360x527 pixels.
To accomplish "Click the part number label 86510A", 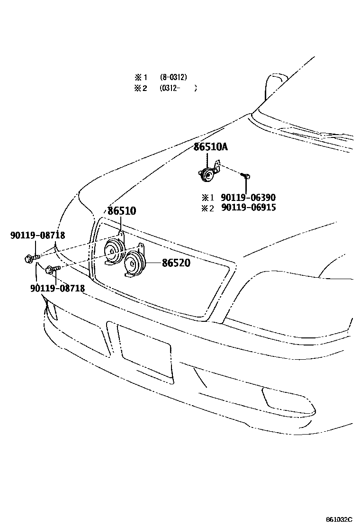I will pyautogui.click(x=210, y=147).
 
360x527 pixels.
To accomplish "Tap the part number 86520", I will pyautogui.click(x=176, y=263).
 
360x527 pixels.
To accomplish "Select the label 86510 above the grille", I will pyautogui.click(x=121, y=211).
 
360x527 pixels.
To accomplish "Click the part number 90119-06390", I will pyautogui.click(x=248, y=198).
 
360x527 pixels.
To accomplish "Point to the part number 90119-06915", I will pyautogui.click(x=248, y=208).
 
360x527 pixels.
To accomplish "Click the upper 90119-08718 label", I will pyautogui.click(x=37, y=235).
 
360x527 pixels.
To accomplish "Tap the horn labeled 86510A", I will pyautogui.click(x=207, y=174).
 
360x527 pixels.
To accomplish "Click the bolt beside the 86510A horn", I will pyautogui.click(x=246, y=176).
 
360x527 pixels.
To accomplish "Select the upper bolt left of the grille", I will pyautogui.click(x=29, y=258).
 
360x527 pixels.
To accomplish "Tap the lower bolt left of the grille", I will pyautogui.click(x=51, y=270).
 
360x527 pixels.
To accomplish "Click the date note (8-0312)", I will pyautogui.click(x=173, y=77).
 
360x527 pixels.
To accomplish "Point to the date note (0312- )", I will pyautogui.click(x=178, y=88).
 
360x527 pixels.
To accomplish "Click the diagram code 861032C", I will pyautogui.click(x=339, y=520).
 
